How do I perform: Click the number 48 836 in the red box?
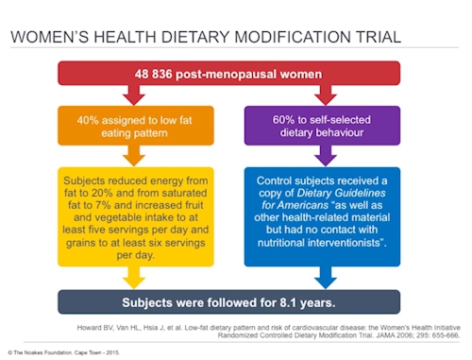[154, 75]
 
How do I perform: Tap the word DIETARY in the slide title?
[195, 37]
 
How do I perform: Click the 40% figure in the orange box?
[88, 120]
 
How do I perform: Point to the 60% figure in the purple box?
[283, 120]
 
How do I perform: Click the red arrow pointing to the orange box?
[134, 94]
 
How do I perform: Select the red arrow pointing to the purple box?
[326, 94]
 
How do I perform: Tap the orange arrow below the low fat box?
[134, 156]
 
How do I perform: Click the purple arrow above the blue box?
[326, 156]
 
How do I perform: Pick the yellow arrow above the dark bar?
[134, 278]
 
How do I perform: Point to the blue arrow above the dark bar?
[326, 278]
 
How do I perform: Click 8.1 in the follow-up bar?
[288, 302]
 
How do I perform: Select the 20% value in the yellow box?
[102, 193]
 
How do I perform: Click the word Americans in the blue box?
[303, 205]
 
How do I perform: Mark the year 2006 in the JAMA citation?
[403, 335]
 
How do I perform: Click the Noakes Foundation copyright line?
[63, 352]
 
